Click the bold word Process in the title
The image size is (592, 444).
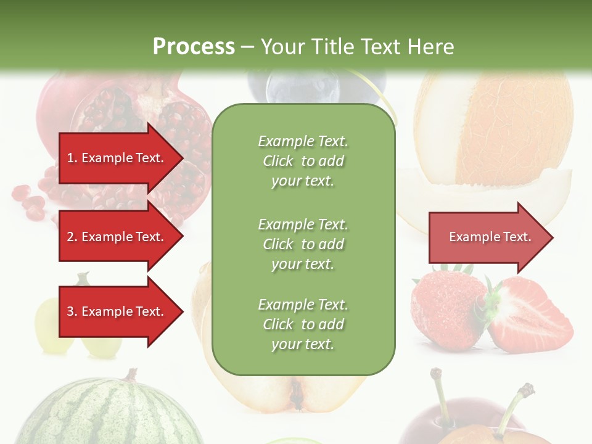[x=194, y=46]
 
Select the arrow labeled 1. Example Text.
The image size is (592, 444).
[x=115, y=158]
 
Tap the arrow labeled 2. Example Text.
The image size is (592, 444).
[x=115, y=237]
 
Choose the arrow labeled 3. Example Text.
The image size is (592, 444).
[x=115, y=311]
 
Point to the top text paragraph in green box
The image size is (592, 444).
[x=303, y=161]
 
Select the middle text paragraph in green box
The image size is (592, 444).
[x=303, y=244]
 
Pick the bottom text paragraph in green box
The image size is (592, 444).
[x=303, y=324]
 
